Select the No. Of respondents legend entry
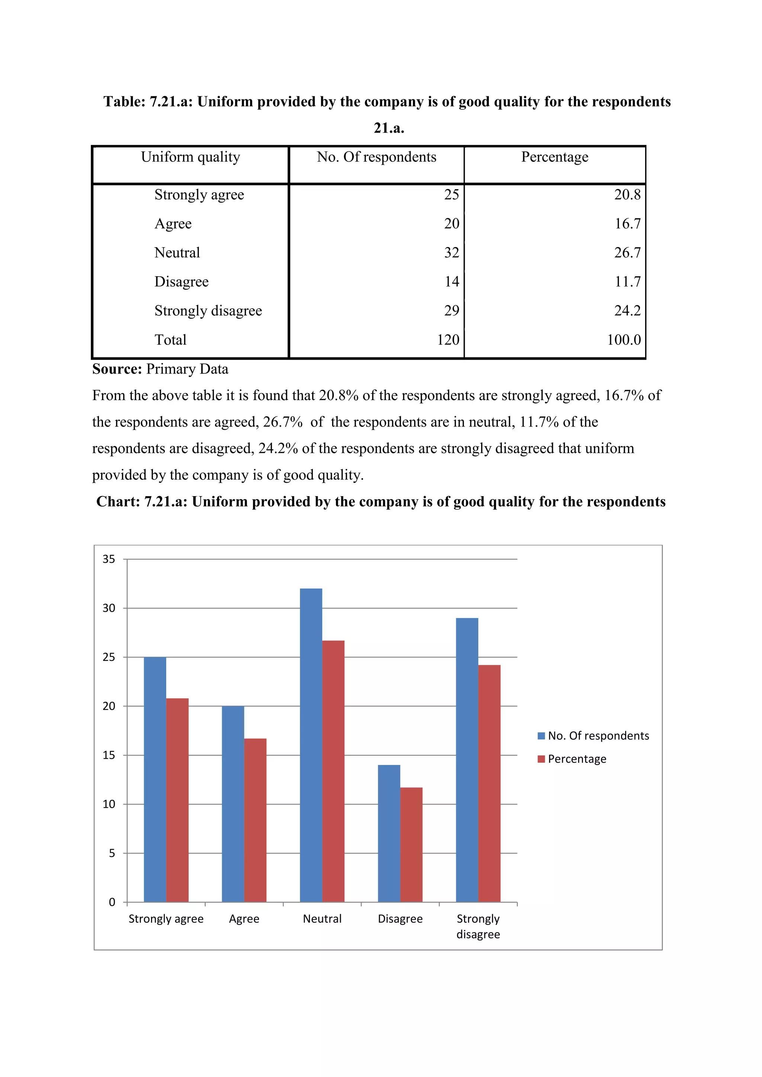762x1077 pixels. (x=593, y=736)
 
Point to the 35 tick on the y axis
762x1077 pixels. (x=109, y=559)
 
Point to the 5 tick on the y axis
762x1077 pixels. (x=112, y=853)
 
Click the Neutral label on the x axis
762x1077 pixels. (x=322, y=919)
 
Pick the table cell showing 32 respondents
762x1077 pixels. (x=451, y=253)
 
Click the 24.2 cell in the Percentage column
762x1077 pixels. (x=627, y=311)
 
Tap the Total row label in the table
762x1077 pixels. (x=170, y=340)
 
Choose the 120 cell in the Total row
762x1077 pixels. (x=448, y=340)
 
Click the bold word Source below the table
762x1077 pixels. (x=117, y=369)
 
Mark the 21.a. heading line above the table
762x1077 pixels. (x=389, y=128)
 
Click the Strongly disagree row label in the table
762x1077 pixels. (x=208, y=311)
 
